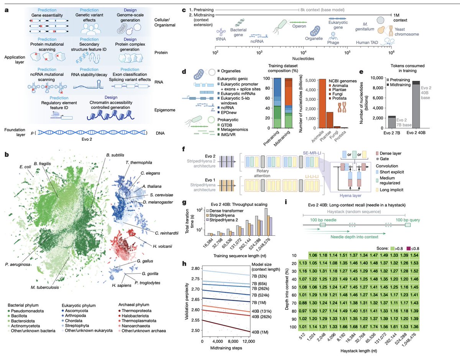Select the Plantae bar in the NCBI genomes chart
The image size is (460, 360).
click(x=330, y=120)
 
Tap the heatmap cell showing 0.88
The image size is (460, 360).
click(x=303, y=303)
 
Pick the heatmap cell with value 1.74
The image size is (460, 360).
click(x=374, y=327)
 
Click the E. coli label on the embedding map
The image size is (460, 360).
click(x=25, y=167)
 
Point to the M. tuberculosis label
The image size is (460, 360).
click(x=45, y=288)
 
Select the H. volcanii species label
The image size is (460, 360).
click(x=163, y=247)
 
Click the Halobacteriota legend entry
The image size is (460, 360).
click(x=135, y=316)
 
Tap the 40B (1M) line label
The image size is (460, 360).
click(x=260, y=332)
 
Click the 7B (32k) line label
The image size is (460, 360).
click(x=259, y=276)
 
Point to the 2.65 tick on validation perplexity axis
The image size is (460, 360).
click(x=195, y=299)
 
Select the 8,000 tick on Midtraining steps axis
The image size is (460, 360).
click(x=233, y=341)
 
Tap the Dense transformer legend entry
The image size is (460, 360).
click(x=225, y=211)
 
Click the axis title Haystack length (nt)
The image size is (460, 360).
click(x=358, y=351)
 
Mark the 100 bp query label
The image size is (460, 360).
click(x=408, y=220)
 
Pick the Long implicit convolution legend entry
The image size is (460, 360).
click(x=389, y=190)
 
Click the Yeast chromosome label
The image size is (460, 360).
click(x=407, y=32)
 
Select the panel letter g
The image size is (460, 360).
click(x=184, y=203)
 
